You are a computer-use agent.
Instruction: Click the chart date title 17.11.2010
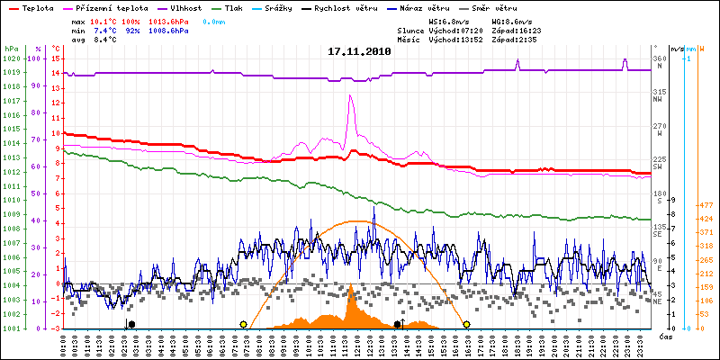[x=359, y=51]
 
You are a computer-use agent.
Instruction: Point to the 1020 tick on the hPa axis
[x=12, y=58]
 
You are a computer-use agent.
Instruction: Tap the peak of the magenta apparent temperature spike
[x=350, y=96]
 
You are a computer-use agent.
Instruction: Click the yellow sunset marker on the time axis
[x=466, y=324]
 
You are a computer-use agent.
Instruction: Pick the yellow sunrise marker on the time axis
[x=243, y=324]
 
